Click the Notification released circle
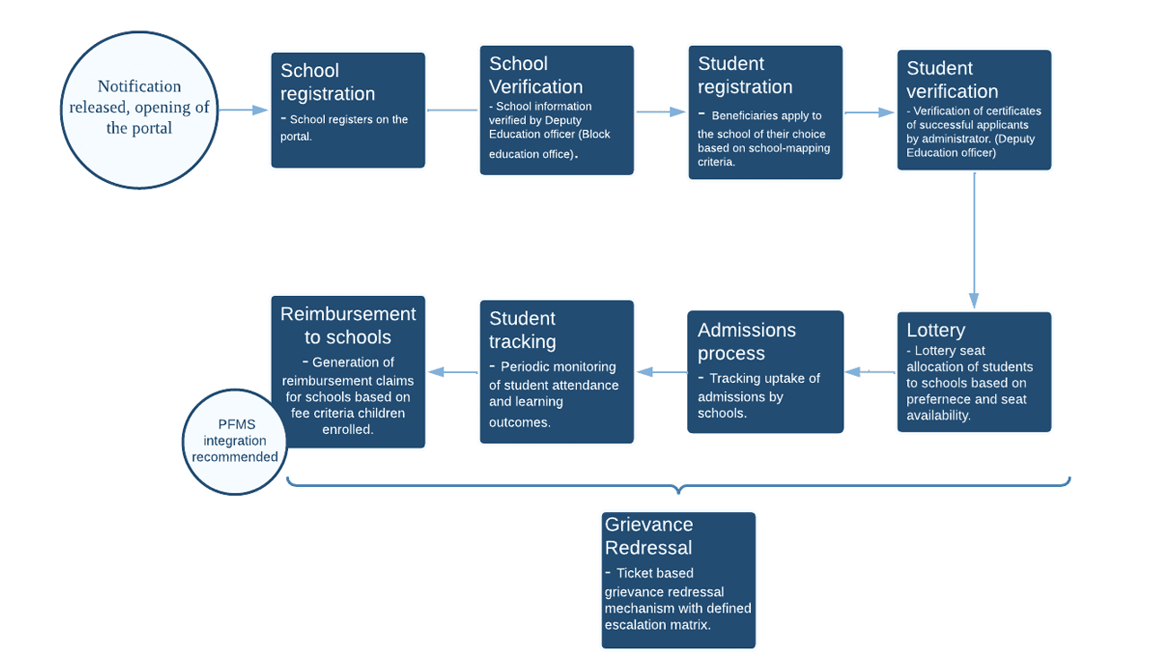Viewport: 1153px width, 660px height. pos(139,110)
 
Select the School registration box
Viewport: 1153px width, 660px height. pos(347,110)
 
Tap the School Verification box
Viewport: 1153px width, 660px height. pos(556,110)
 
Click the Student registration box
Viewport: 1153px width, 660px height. pos(765,113)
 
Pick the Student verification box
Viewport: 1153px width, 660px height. pos(974,110)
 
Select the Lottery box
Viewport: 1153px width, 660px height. pos(974,372)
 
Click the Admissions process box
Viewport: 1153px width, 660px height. pos(765,372)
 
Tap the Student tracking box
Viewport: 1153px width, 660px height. pos(556,372)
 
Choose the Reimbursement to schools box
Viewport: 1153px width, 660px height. pos(347,372)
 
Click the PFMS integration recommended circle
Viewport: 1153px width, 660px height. pos(234,441)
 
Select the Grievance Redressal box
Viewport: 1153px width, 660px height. pos(678,580)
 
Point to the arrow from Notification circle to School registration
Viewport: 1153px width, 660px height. pos(242,110)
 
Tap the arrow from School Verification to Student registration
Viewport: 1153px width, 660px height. pos(661,112)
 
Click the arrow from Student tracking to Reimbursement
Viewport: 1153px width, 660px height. pos(452,372)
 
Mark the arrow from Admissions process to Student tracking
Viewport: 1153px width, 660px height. pos(661,372)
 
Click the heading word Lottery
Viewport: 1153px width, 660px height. pos(935,330)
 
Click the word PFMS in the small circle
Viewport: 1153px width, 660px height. pos(234,425)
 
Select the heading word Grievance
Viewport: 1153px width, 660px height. pos(649,525)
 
